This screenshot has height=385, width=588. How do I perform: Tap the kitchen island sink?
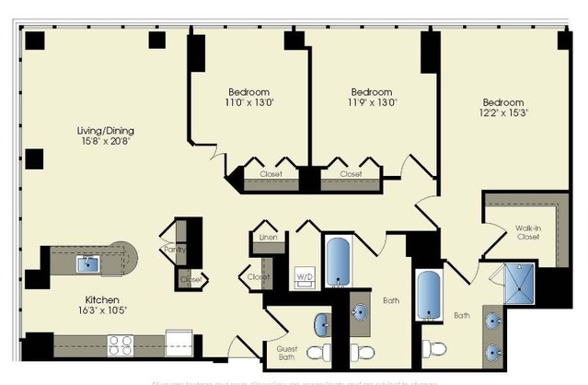pyautogui.click(x=89, y=263)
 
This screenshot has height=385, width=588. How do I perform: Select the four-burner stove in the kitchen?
pyautogui.click(x=121, y=345)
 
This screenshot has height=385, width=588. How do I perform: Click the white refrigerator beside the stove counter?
pyautogui.click(x=177, y=344)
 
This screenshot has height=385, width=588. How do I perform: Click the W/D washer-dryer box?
pyautogui.click(x=302, y=276)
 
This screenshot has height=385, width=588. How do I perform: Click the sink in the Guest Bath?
pyautogui.click(x=323, y=323)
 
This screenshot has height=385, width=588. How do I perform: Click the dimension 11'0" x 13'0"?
pyautogui.click(x=248, y=103)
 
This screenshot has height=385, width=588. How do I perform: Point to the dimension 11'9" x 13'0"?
pyautogui.click(x=373, y=103)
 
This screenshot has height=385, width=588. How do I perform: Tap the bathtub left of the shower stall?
pyautogui.click(x=429, y=295)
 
